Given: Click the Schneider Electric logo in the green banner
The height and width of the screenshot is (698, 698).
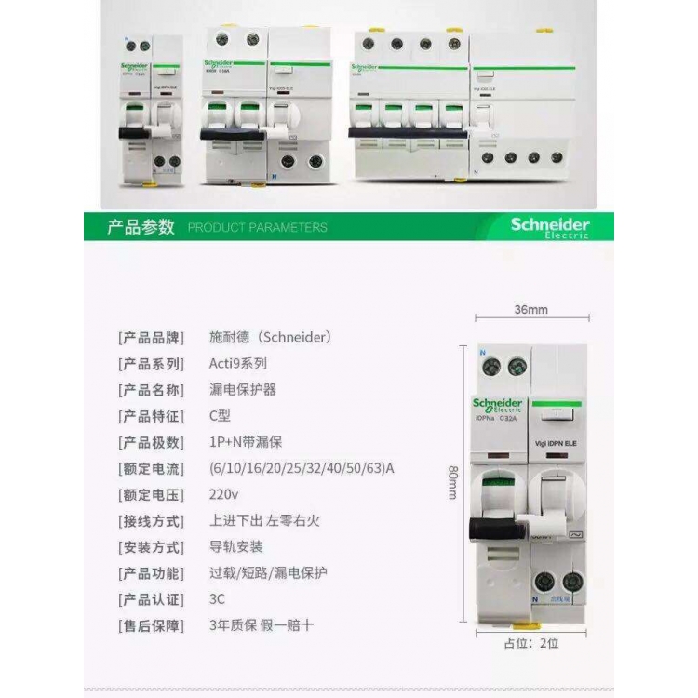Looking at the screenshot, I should coord(549,227).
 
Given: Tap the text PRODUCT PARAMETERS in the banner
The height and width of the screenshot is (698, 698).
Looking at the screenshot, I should coord(257,227).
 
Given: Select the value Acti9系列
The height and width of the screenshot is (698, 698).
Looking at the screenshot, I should coord(239,364).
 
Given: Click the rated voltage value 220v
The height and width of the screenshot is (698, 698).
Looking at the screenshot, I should coord(224,494).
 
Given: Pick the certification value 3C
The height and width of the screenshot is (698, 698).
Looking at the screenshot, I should coord(218,599).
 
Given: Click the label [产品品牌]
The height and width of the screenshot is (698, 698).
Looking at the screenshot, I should coord(150,338).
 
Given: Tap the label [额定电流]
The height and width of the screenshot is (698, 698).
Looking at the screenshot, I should coord(150,468).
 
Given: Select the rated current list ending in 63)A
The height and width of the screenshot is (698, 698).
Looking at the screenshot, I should coord(302,468).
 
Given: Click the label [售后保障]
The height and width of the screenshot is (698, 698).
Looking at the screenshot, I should coord(150,625).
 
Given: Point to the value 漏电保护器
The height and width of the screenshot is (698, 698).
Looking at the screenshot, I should coord(243,390).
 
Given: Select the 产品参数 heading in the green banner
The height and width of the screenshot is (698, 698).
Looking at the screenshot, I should coord(141,227).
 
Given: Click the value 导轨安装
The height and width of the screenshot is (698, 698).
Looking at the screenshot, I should coord(236,547).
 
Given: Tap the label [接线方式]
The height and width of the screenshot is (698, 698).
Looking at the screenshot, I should coord(150,521).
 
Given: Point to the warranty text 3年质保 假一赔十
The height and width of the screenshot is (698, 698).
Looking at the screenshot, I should coord(262,625).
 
